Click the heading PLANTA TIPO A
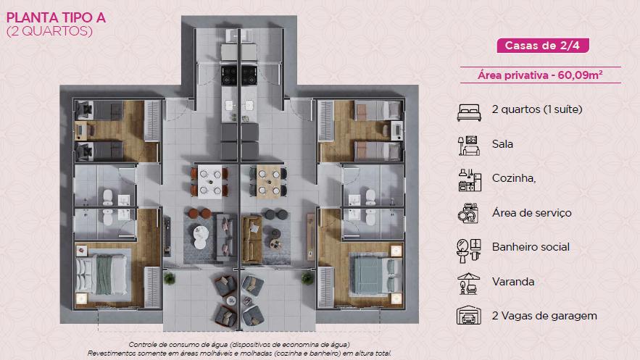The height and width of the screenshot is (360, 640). [x=56, y=18]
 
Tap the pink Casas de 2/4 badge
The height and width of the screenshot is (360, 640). [x=542, y=46]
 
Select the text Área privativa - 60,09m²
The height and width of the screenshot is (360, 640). [x=541, y=75]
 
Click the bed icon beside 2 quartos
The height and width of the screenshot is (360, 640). [x=469, y=112]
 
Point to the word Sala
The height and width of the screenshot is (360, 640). [x=502, y=144]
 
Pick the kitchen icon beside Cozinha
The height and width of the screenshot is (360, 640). [x=470, y=180]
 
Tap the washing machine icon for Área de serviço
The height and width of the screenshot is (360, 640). [x=467, y=214]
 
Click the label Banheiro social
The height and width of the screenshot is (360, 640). [x=531, y=247]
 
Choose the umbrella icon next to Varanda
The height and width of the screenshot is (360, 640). [x=468, y=283]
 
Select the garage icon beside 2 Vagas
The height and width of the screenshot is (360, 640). [x=468, y=315]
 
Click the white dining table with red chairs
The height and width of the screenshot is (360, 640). [x=209, y=181]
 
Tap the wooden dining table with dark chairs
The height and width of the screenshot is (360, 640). [x=268, y=181]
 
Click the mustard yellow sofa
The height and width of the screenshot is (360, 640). [x=252, y=239]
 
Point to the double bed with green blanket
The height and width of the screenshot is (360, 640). [x=102, y=275]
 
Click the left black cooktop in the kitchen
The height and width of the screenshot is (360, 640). [x=229, y=75]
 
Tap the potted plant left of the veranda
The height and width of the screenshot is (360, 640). [x=170, y=278]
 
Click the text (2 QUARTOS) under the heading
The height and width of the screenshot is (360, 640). [x=49, y=31]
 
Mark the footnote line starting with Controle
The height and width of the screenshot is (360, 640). [x=239, y=345]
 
